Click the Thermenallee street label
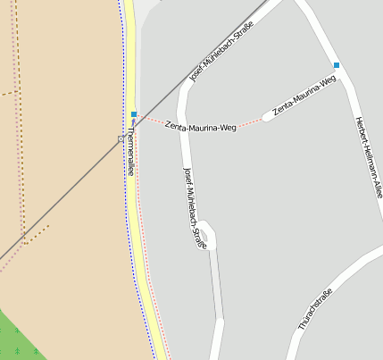click(130, 149)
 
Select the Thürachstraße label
click(315, 310)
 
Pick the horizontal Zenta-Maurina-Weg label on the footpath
click(201, 128)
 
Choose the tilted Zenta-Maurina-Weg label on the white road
click(304, 96)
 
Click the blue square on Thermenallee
click(134, 114)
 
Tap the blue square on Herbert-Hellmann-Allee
click(337, 65)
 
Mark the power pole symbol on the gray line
click(121, 138)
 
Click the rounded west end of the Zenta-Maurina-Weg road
click(267, 116)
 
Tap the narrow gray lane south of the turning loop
click(216, 286)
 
